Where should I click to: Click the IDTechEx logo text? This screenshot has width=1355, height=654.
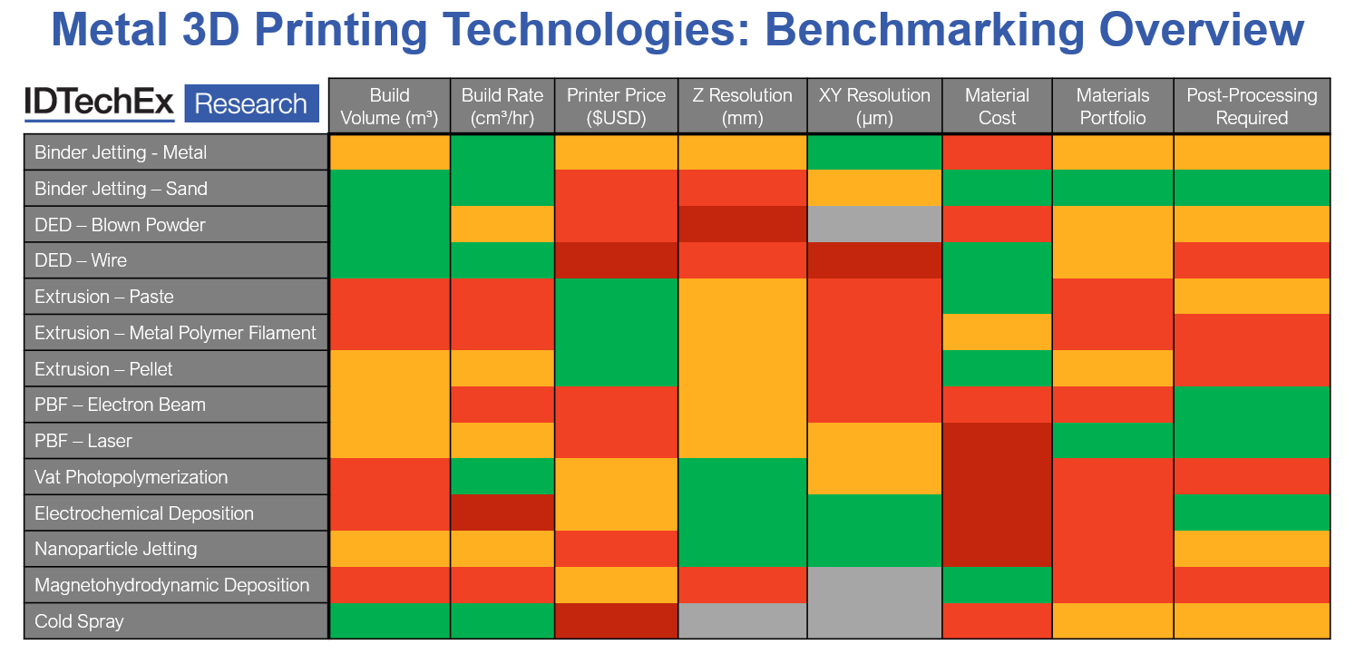pyautogui.click(x=99, y=103)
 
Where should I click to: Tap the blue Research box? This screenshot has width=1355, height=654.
pyautogui.click(x=251, y=103)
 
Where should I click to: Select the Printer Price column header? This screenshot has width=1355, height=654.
pyautogui.click(x=616, y=106)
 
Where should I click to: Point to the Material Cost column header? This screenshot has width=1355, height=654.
pyautogui.click(x=997, y=106)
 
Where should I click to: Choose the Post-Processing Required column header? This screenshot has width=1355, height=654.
pyautogui.click(x=1252, y=106)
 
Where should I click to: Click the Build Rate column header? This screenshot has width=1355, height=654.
pyautogui.click(x=502, y=106)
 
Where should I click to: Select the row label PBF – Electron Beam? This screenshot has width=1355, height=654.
pyautogui.click(x=120, y=405)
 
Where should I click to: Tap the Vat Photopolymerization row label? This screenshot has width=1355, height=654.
pyautogui.click(x=131, y=477)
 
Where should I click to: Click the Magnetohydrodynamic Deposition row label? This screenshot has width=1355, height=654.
pyautogui.click(x=171, y=585)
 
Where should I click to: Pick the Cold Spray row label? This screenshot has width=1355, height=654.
pyautogui.click(x=79, y=621)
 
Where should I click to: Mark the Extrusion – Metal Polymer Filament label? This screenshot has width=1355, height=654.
pyautogui.click(x=175, y=333)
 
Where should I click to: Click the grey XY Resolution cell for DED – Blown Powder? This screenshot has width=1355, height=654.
pyautogui.click(x=874, y=224)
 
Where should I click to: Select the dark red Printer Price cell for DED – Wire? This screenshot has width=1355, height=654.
pyautogui.click(x=616, y=260)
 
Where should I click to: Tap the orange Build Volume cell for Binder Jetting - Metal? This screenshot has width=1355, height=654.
pyautogui.click(x=389, y=152)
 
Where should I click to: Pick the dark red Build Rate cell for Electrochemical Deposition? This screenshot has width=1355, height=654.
pyautogui.click(x=502, y=512)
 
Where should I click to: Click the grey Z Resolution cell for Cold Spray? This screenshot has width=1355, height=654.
pyautogui.click(x=742, y=621)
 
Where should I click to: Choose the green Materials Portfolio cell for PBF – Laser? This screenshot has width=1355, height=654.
pyautogui.click(x=1113, y=441)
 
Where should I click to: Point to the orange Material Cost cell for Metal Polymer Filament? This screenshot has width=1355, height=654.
pyautogui.click(x=997, y=333)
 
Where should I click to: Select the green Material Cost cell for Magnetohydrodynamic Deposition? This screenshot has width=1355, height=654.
pyautogui.click(x=997, y=585)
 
